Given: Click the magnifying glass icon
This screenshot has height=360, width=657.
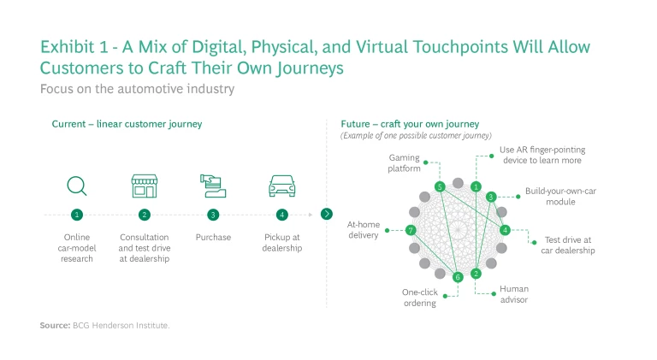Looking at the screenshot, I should (77, 186).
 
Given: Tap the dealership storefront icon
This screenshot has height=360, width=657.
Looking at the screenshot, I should (144, 185).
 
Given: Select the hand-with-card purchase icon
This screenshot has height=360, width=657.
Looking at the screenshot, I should (212, 185).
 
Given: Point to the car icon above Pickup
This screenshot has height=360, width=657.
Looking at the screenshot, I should (281, 186).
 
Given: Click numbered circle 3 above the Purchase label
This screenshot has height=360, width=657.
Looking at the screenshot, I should (213, 215).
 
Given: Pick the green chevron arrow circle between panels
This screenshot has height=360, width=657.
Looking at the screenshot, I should (325, 214).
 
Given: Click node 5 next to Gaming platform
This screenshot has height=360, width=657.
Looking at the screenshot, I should (439, 186).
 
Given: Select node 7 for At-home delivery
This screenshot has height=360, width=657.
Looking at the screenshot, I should (411, 230).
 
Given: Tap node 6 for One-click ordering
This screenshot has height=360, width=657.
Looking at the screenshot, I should (458, 276).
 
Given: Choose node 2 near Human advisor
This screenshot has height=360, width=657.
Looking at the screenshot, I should (476, 274).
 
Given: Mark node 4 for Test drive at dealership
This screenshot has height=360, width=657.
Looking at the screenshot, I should (505, 229).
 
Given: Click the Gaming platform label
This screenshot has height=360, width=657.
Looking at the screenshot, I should (404, 163).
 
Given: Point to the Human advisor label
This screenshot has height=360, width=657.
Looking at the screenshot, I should (514, 294).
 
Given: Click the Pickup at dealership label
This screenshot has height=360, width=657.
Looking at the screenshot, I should (281, 242).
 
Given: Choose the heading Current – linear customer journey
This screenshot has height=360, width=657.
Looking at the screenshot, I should (127, 124).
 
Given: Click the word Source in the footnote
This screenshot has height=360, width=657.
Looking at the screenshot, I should (53, 325).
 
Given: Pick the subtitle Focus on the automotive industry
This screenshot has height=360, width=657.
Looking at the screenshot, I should (137, 89).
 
